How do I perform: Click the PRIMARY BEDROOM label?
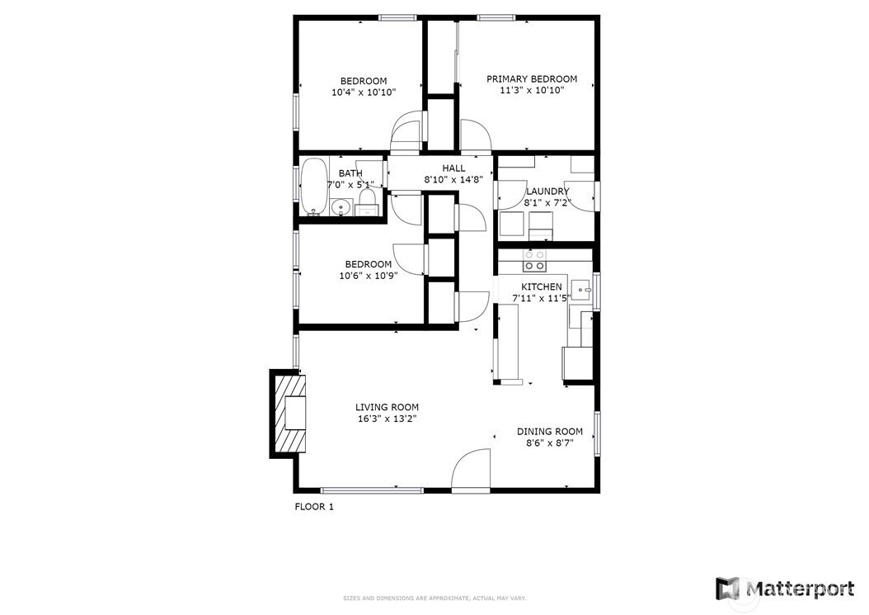[x=531, y=79]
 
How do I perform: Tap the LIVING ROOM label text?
[x=387, y=407]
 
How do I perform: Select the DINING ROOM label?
[x=549, y=431]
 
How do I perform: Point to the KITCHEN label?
[x=541, y=286]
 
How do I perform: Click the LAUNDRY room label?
[x=547, y=192]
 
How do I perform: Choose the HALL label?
[x=453, y=168]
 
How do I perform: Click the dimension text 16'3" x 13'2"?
[x=387, y=419]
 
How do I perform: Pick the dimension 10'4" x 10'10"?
[x=364, y=92]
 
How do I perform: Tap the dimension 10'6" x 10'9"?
[x=368, y=277]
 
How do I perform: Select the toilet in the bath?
[x=367, y=201]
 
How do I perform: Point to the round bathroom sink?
[x=340, y=208]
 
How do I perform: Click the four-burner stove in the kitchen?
[x=534, y=261]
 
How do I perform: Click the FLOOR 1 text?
[x=314, y=507]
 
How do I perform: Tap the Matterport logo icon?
[x=727, y=589]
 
